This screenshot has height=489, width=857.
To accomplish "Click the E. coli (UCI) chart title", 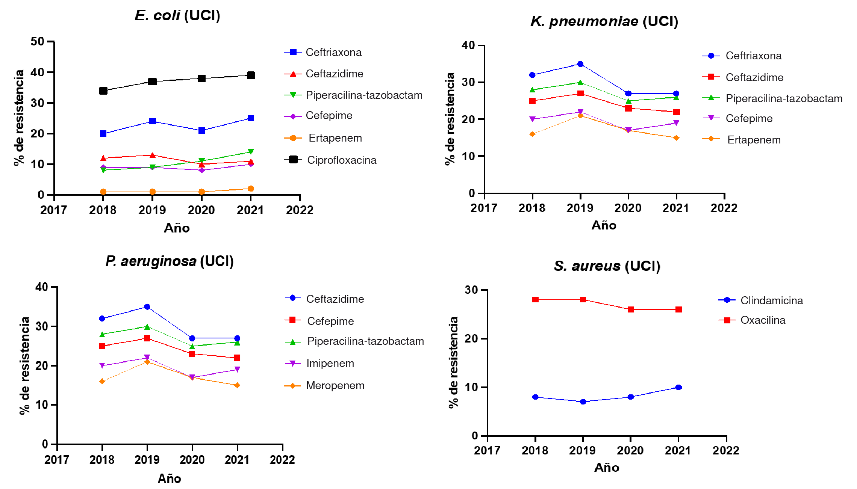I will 177,16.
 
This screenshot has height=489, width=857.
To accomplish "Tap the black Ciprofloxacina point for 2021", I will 251,75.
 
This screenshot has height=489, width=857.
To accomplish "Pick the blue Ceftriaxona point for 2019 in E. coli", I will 152,121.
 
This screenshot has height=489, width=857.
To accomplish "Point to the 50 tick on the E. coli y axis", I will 38,41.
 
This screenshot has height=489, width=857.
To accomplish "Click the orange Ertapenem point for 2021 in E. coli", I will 251,189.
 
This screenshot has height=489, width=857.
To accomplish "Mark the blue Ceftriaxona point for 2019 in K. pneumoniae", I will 580,64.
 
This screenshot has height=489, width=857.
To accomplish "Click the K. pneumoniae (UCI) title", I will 604,21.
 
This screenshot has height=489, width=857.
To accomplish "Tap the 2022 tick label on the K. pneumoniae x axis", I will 724,208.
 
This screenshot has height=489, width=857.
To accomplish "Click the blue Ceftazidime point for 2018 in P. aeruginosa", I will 102,318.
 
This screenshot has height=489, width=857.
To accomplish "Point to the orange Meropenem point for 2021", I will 237,385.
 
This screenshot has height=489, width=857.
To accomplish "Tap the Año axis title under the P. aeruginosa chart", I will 170,478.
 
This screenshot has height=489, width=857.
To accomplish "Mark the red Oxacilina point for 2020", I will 631,309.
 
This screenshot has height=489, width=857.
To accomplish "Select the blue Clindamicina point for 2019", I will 583,402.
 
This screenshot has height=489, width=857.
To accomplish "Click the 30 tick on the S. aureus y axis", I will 471,290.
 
